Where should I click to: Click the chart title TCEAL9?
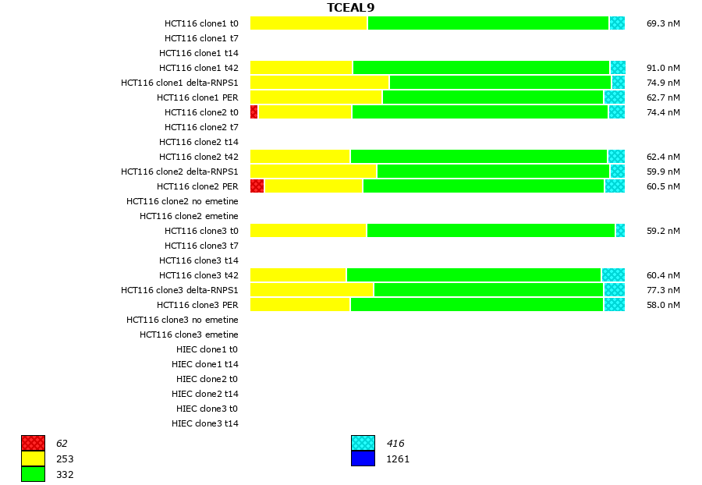click(350, 8)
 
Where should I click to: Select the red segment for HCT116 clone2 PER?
click(257, 186)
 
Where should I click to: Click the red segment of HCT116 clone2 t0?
click(253, 112)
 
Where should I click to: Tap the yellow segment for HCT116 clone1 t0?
click(308, 23)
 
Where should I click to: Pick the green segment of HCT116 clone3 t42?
click(473, 275)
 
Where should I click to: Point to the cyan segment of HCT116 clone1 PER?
click(614, 97)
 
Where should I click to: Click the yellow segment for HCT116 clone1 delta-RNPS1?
click(319, 83)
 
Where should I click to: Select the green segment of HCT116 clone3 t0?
click(491, 231)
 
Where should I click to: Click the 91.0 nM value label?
click(663, 68)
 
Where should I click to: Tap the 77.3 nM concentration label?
click(663, 290)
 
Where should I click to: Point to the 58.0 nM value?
click(663, 305)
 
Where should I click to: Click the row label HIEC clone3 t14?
click(205, 423)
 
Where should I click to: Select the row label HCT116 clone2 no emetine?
click(183, 201)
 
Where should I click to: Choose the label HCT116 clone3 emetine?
click(189, 335)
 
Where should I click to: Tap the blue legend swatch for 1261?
click(363, 459)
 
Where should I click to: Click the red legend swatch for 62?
click(33, 444)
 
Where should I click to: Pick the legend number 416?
click(395, 444)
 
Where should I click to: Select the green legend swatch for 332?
click(33, 474)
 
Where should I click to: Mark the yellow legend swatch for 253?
click(33, 459)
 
